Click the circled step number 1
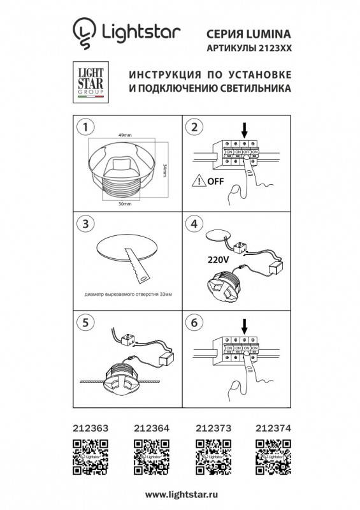[x=82, y=127]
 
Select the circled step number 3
[x=82, y=224]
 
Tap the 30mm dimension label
[x=125, y=203]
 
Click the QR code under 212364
[x=147, y=456]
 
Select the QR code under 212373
[x=210, y=456]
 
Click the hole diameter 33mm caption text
[x=128, y=295]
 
